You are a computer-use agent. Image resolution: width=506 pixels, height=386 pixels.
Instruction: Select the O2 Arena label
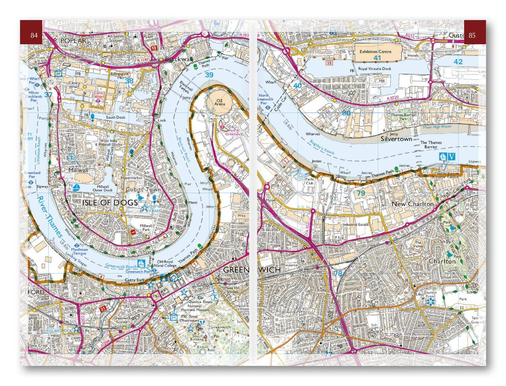[218, 103]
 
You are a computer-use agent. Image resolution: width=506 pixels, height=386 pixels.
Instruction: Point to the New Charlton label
[412, 204]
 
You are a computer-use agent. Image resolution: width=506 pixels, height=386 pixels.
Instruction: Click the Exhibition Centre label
[375, 51]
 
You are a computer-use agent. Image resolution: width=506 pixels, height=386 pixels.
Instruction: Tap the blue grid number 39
[209, 75]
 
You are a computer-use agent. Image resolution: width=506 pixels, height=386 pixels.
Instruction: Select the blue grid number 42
[458, 62]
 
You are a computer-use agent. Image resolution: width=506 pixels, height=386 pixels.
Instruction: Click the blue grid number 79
[361, 193]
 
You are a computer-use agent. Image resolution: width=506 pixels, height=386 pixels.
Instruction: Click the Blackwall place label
[176, 59]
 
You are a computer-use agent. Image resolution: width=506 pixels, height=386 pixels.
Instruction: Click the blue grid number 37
[48, 95]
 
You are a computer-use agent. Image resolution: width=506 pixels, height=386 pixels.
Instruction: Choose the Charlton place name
[442, 262]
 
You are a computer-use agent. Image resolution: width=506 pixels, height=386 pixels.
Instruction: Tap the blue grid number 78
[338, 273]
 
